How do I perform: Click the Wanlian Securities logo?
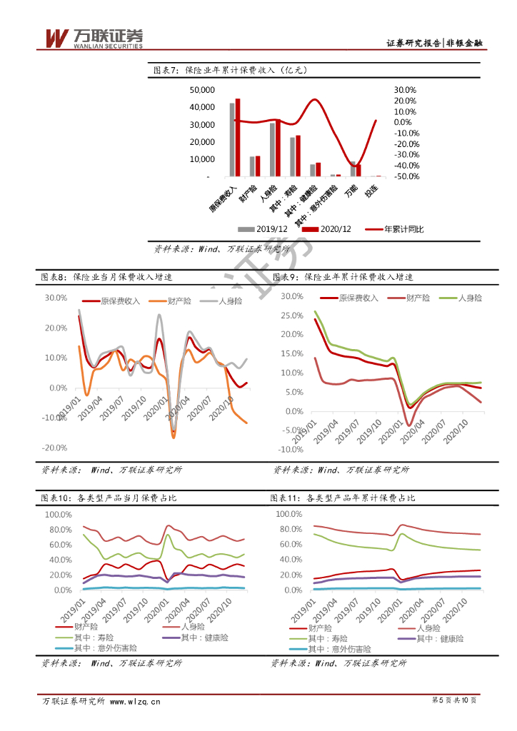point(94,39)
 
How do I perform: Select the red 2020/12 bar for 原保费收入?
point(238,137)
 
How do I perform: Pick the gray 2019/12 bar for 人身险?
point(272,149)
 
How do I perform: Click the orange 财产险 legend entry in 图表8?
point(171,302)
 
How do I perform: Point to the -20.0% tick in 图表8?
point(56,448)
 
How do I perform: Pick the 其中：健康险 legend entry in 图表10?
point(197,637)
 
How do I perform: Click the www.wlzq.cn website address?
point(135,701)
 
